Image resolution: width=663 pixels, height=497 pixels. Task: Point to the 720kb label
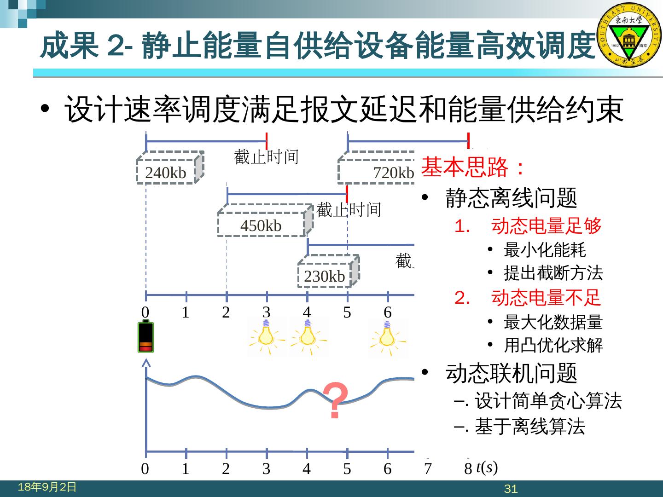point(393,173)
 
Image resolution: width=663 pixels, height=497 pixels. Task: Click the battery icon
point(146,337)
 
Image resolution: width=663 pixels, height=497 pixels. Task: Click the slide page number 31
point(511,489)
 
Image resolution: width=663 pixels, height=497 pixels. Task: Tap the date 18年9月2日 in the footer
point(47,487)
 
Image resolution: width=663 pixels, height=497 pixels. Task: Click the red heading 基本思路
point(472,168)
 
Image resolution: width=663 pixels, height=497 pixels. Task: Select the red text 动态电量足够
point(546,226)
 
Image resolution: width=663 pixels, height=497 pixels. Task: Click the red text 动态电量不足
point(546,298)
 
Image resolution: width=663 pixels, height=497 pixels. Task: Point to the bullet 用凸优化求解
point(553,345)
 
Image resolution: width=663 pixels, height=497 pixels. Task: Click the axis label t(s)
point(487,468)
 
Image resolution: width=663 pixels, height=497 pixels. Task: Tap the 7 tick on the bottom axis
point(428,468)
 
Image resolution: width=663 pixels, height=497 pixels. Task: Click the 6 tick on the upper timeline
point(388,312)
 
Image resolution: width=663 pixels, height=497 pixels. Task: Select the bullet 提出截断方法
point(553,273)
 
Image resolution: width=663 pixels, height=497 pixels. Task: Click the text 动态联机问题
point(511,373)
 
